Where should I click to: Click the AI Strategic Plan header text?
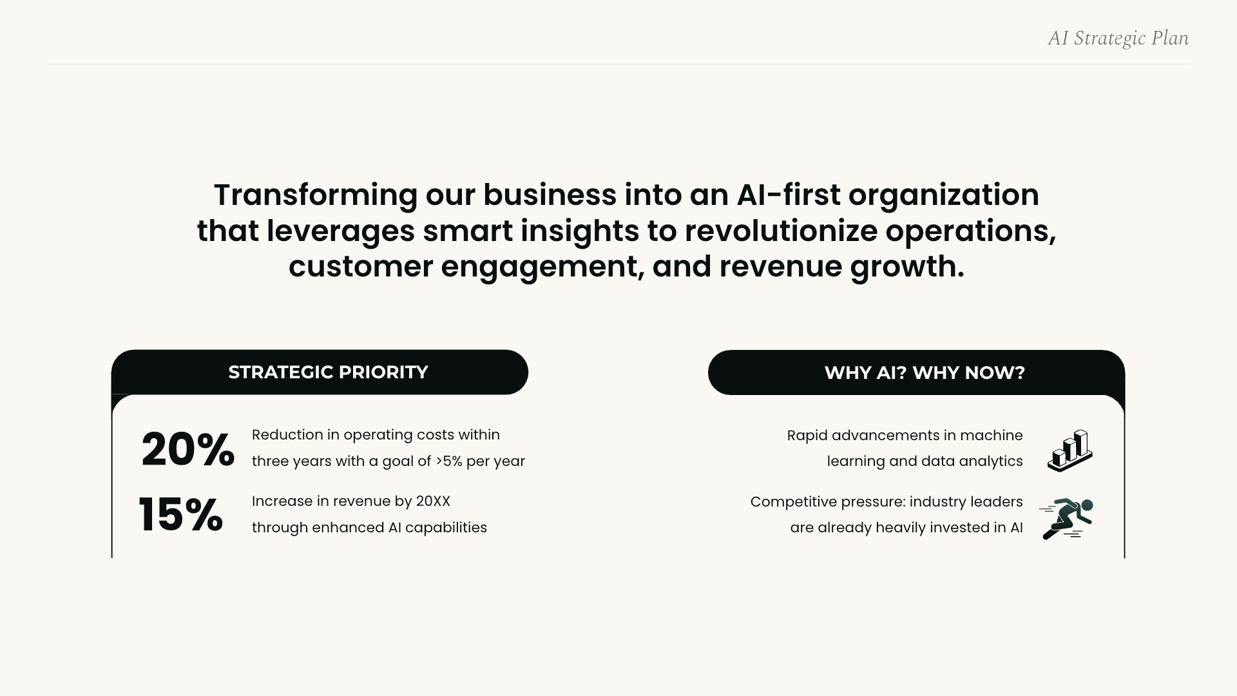[x=1118, y=39]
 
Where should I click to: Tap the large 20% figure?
[x=187, y=449]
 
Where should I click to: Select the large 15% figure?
[x=181, y=515]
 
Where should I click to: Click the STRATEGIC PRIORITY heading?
[x=328, y=372]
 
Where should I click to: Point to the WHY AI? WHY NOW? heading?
[x=925, y=373]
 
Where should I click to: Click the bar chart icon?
[x=1070, y=450]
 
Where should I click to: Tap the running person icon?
[x=1067, y=519]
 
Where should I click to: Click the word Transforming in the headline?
[x=316, y=195]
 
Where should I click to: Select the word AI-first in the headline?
[x=788, y=195]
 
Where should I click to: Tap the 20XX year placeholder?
[x=433, y=501]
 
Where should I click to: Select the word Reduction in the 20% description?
[x=287, y=435]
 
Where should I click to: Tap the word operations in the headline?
[x=970, y=231]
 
